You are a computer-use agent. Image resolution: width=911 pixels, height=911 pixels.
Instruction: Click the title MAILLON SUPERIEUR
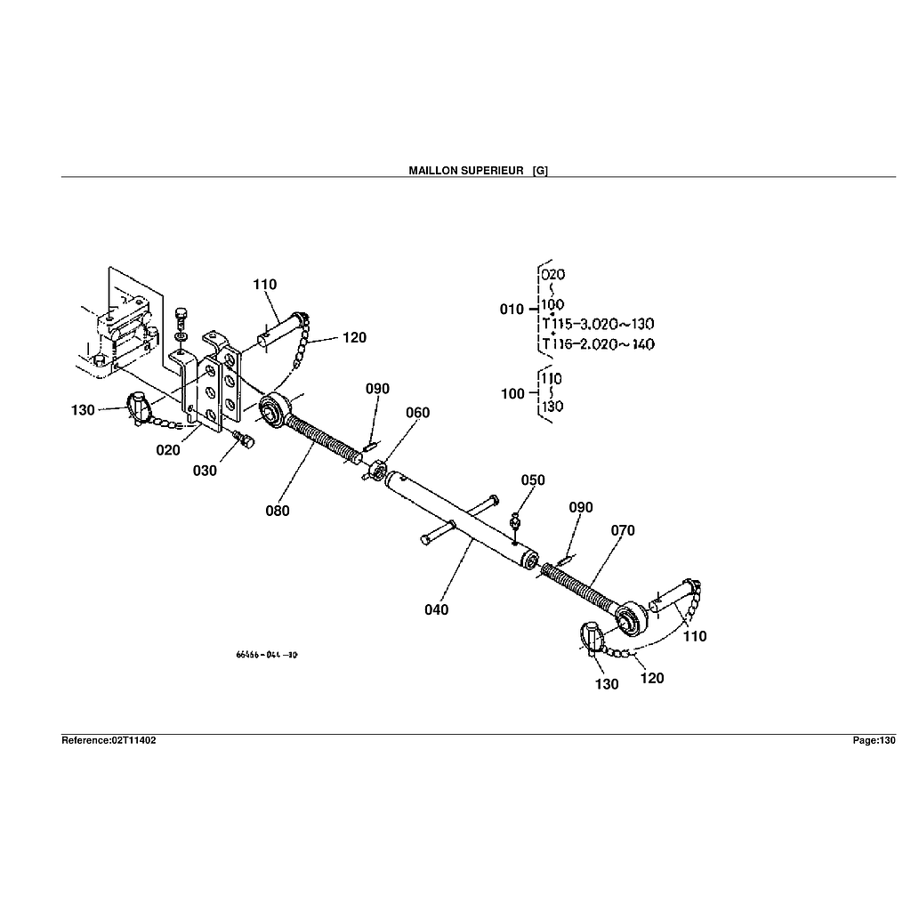465,170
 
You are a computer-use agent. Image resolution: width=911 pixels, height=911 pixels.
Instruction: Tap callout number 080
276,511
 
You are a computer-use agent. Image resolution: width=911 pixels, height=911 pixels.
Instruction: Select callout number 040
437,609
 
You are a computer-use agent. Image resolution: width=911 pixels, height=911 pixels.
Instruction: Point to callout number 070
623,530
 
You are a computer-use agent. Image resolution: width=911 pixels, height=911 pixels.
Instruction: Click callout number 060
417,413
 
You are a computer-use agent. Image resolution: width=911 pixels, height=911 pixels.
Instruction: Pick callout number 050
533,480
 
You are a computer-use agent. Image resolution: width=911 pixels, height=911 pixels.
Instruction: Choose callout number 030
205,471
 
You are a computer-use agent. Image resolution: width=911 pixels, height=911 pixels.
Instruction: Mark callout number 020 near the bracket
168,450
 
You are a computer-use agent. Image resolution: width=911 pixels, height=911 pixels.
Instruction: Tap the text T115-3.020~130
597,324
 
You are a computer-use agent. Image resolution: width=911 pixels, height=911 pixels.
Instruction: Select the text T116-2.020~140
597,344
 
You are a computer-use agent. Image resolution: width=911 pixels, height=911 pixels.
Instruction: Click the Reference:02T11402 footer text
109,740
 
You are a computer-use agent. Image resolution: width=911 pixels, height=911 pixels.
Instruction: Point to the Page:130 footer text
874,740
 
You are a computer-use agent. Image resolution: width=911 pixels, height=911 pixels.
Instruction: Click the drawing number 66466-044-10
267,655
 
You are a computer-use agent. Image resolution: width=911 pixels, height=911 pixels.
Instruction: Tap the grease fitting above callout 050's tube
516,519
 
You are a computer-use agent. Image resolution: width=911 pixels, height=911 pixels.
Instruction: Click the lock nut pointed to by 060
375,470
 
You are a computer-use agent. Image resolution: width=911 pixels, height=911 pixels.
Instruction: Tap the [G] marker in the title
540,170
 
